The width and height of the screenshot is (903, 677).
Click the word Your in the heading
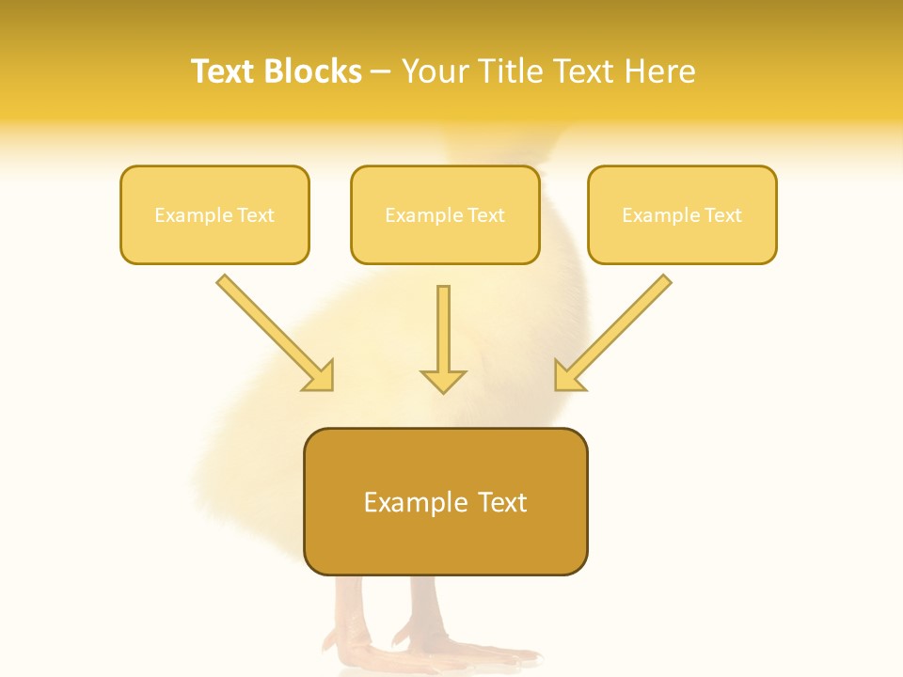pos(435,71)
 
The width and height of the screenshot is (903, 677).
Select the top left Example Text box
pos(214,215)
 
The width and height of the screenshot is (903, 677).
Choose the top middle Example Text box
pos(445,215)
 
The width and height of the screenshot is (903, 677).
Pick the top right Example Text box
pos(682,215)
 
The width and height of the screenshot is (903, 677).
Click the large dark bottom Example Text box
pos(445,502)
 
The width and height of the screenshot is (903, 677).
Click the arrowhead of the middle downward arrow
pos(443,380)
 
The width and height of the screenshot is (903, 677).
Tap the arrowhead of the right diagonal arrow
pos(567,376)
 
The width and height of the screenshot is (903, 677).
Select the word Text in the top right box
pos(722,215)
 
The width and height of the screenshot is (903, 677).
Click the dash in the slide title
pos(381,72)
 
